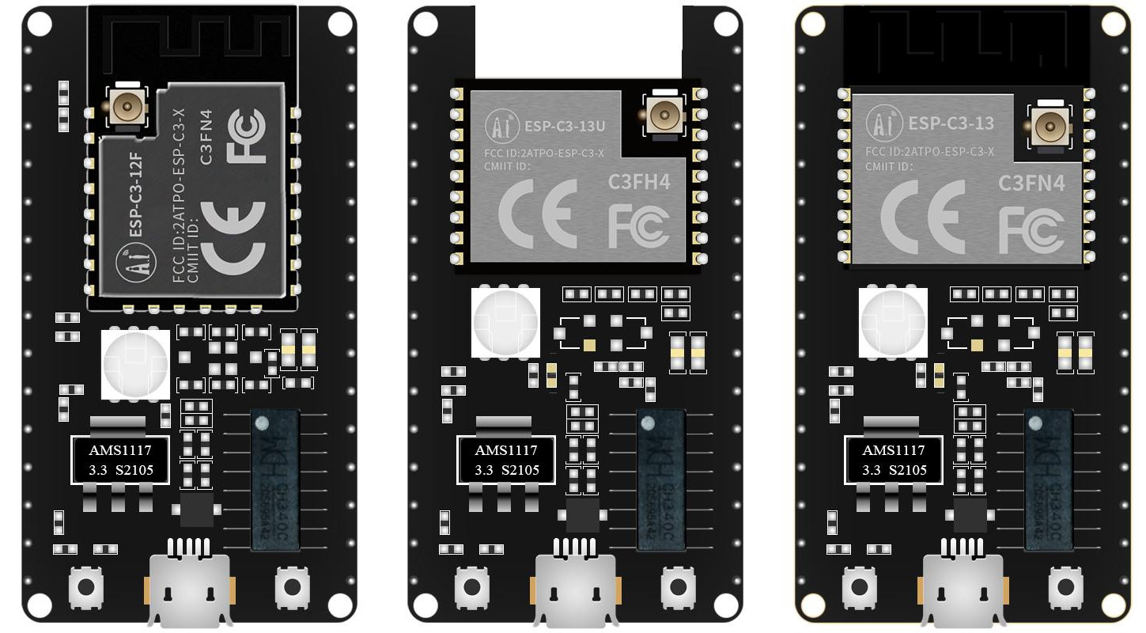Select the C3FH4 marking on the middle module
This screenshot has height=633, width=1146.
(639, 182)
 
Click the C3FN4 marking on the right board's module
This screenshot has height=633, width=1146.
(1031, 184)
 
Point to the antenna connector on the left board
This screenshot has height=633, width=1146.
(125, 104)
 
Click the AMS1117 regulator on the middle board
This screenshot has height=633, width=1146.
(506, 460)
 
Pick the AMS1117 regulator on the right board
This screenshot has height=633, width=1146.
(894, 460)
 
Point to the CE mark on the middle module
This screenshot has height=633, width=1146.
(538, 214)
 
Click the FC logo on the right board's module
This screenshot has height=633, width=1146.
(1031, 230)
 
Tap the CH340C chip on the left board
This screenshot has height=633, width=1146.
(275, 480)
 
